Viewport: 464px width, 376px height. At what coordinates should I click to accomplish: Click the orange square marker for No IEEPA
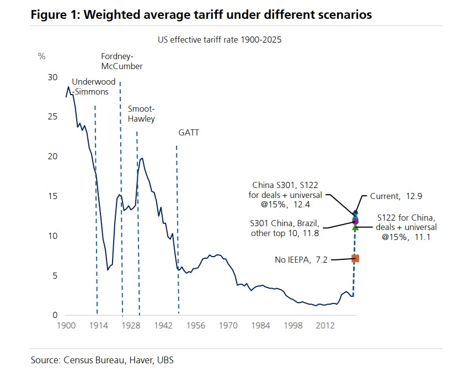click(356, 258)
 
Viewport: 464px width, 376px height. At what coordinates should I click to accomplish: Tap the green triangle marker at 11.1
click(355, 227)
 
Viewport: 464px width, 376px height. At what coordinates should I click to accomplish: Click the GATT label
click(189, 133)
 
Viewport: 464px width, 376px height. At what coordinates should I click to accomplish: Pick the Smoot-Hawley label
click(141, 113)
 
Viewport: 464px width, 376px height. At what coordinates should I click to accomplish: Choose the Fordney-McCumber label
click(122, 61)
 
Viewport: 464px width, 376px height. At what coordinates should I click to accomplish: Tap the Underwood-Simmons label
click(94, 87)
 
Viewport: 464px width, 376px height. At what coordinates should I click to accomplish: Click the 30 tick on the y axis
click(52, 77)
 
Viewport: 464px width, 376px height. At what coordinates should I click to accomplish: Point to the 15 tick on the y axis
click(52, 196)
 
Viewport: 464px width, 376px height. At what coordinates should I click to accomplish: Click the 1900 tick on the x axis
click(66, 326)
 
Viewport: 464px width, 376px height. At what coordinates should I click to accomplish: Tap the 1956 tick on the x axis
click(196, 326)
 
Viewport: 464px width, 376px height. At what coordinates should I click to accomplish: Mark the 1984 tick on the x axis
click(261, 326)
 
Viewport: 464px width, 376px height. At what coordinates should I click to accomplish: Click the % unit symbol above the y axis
click(41, 56)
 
